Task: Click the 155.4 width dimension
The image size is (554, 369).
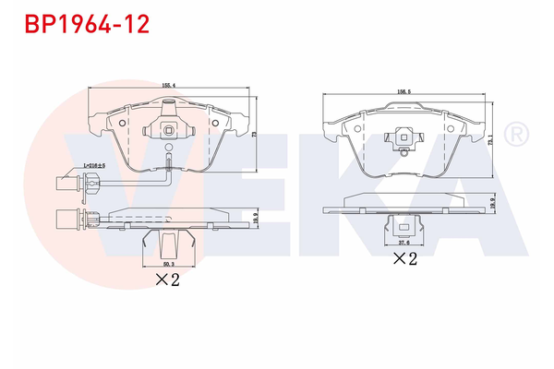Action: coord(169,85)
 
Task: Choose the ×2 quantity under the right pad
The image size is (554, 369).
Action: coord(405,261)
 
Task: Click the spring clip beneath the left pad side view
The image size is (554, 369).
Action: coord(168,243)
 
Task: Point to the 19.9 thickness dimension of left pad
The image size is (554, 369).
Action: coord(256,216)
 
